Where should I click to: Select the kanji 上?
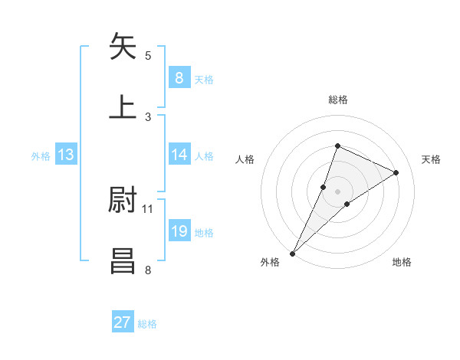coord(123,107)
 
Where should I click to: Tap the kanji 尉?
coord(123,200)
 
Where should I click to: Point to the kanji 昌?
coord(123,260)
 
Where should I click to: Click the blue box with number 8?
coord(179,77)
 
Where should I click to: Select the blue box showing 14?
coord(179,155)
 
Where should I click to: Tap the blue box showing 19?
coord(179,231)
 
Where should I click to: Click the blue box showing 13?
coord(66,155)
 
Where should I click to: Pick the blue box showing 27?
coord(123,322)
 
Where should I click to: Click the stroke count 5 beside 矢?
coord(148,55)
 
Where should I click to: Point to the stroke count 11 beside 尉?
coord(148,208)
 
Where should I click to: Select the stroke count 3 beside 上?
coord(148,116)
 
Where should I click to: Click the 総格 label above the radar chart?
coord(337,100)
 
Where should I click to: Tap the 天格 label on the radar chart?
coord(432,159)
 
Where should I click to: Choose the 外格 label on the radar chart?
coord(270,262)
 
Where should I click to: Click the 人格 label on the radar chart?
coord(245,159)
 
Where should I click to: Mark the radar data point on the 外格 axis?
coord(293,253)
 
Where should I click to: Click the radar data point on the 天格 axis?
coord(396,172)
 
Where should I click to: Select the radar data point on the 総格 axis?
coord(337,146)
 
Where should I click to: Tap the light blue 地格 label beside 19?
coord(205,233)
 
